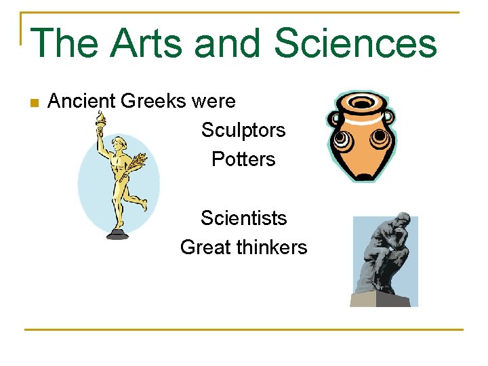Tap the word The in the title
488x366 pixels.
click(64, 43)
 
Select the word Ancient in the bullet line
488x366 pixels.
click(83, 102)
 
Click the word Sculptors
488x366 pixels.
click(243, 130)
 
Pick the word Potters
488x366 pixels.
click(243, 159)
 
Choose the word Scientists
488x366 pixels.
click(243, 218)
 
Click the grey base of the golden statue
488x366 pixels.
click(117, 234)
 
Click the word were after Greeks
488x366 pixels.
click(213, 102)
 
